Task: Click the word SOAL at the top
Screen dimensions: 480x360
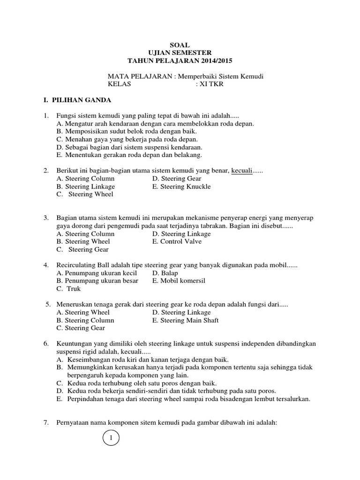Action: [180, 45]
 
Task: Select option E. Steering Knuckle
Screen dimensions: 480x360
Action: [181, 187]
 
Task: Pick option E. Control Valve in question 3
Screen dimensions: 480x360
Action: [177, 242]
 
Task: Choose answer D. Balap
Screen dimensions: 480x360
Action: [165, 273]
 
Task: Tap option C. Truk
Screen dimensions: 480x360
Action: [68, 289]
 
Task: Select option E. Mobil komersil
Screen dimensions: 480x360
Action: [179, 281]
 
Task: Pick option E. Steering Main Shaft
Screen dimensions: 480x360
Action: [185, 321]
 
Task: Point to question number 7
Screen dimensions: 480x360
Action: [46, 423]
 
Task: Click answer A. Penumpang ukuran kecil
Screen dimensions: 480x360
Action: [96, 273]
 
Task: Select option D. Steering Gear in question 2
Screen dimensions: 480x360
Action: [177, 179]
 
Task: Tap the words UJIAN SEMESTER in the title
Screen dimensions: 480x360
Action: [180, 53]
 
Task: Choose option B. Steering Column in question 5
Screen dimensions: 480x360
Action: [85, 321]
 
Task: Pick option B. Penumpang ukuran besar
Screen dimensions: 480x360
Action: [97, 281]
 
